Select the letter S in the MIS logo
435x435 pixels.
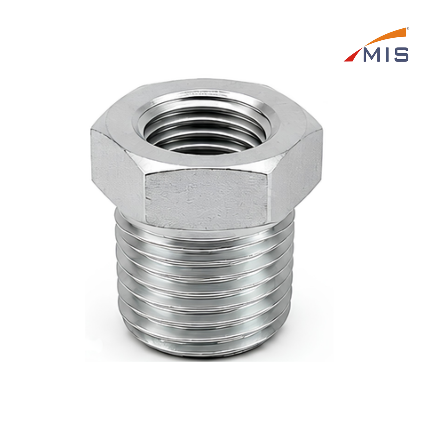tap(401, 54)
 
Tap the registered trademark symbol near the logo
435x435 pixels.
tap(408, 29)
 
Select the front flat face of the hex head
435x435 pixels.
tap(207, 199)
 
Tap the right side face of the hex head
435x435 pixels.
tap(296, 172)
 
